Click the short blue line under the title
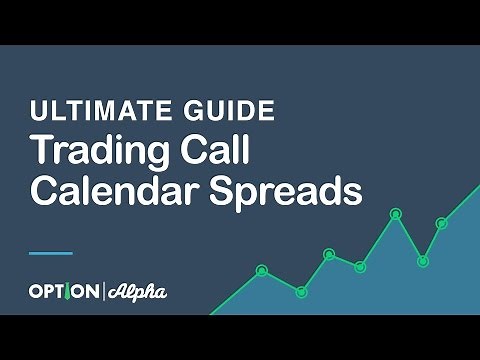point(51,252)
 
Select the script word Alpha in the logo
point(137,292)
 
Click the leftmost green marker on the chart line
point(262,270)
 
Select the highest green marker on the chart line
point(395,213)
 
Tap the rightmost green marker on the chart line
point(441,223)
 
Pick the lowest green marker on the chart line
point(301,291)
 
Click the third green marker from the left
point(329,254)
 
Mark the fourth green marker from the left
point(360,266)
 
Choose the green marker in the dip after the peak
point(422,261)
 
